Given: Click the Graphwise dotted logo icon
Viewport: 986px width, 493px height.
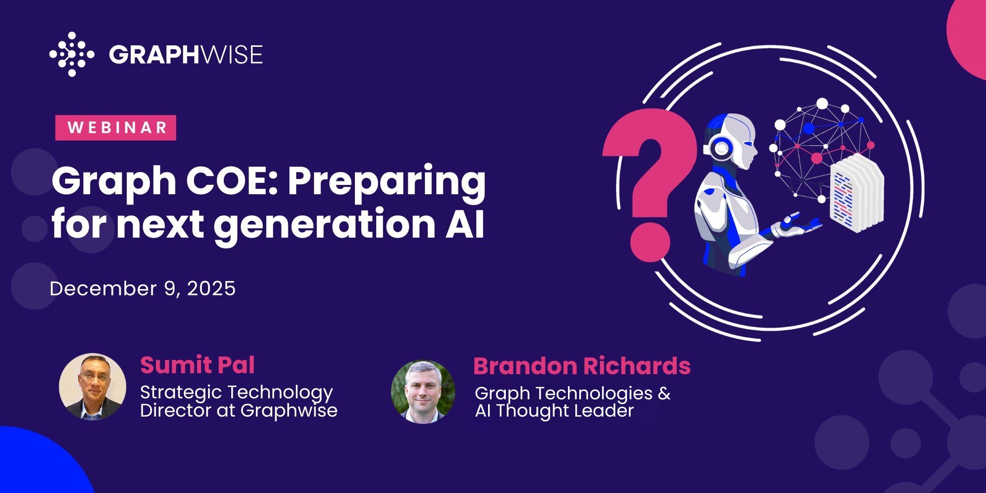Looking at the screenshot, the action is click(71, 54).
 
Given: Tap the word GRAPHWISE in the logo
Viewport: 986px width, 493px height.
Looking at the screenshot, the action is click(186, 55).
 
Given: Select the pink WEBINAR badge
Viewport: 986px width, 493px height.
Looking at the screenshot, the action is click(115, 128).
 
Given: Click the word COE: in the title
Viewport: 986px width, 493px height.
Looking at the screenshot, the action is click(231, 180).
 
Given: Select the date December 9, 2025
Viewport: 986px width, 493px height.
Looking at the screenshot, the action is click(142, 289).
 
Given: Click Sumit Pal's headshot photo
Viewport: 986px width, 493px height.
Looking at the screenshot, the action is click(93, 387).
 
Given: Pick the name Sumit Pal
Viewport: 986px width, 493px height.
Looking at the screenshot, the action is click(197, 365).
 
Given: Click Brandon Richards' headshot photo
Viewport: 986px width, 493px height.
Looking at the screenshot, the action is click(423, 392).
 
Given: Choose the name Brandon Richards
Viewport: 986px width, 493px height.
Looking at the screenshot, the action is click(582, 366).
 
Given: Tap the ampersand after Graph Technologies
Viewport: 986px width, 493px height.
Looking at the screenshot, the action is click(664, 393).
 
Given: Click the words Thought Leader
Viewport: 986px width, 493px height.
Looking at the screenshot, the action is click(564, 411).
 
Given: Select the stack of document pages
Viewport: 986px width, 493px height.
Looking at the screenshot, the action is click(857, 192).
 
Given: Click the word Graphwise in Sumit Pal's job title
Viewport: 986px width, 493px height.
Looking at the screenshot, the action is click(289, 411).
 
